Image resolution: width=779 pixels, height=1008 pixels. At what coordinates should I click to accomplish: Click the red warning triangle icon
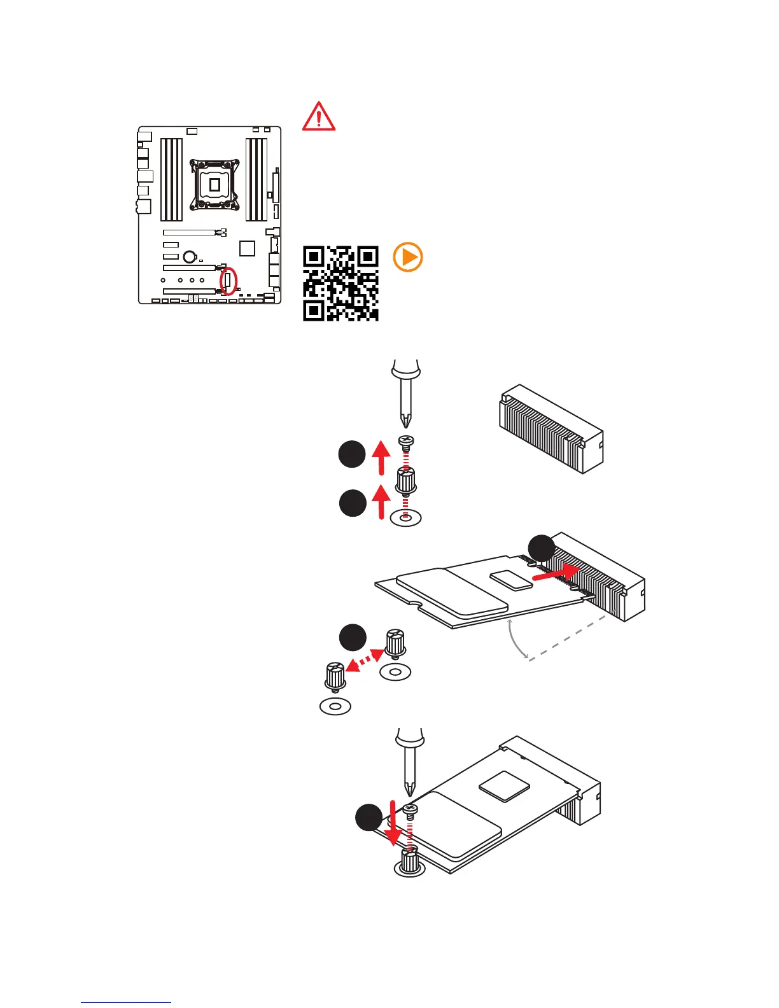click(x=318, y=116)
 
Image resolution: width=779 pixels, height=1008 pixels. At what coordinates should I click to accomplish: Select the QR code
click(x=340, y=283)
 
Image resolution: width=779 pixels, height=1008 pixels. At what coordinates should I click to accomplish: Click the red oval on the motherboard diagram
click(x=228, y=281)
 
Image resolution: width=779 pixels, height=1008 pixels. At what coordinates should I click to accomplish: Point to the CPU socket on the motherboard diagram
click(x=215, y=185)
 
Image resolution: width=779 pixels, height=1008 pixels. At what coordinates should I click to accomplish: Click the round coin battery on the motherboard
click(x=189, y=256)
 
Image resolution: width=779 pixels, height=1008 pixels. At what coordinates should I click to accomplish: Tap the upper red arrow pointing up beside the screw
click(x=381, y=458)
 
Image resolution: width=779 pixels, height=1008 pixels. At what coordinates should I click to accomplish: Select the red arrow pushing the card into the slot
click(x=556, y=573)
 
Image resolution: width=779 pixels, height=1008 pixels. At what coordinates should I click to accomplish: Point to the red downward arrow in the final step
click(x=394, y=824)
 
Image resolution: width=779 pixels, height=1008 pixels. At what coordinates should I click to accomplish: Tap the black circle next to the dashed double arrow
click(x=353, y=638)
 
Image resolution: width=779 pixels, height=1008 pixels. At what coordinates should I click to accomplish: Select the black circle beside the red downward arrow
click(x=368, y=817)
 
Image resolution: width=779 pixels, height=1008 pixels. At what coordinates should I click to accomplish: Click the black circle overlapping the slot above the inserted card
click(x=542, y=548)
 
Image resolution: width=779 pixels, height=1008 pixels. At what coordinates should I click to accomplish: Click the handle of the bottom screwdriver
click(x=409, y=738)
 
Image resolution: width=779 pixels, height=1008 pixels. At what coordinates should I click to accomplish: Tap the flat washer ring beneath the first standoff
click(x=405, y=517)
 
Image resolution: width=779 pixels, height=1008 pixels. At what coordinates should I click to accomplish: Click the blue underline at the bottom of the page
click(x=126, y=1002)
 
